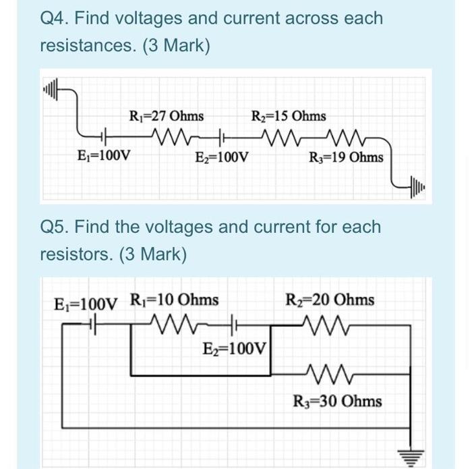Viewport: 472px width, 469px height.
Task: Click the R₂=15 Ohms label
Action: tap(288, 116)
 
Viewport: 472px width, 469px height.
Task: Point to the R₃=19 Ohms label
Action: tap(346, 157)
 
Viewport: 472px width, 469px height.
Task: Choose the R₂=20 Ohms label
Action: tap(330, 299)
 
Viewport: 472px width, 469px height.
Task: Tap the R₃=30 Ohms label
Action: tap(338, 402)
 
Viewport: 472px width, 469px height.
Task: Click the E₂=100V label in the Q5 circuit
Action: tap(235, 349)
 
